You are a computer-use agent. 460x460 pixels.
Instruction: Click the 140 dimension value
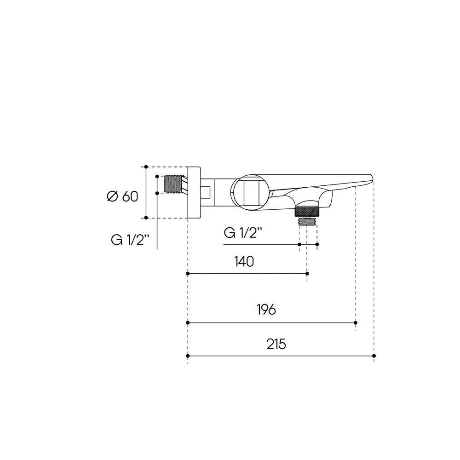point(244,261)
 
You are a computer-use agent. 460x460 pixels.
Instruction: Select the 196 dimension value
point(266,310)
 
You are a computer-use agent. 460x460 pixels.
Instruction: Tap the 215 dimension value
point(276,344)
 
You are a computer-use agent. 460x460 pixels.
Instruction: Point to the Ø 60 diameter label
point(122,196)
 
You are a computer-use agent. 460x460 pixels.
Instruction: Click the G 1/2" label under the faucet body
point(242,233)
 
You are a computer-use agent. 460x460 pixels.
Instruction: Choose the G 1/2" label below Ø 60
point(130,240)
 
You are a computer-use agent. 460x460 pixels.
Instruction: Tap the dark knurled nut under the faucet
point(307,212)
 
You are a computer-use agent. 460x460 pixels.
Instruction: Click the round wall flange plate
point(194,192)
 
